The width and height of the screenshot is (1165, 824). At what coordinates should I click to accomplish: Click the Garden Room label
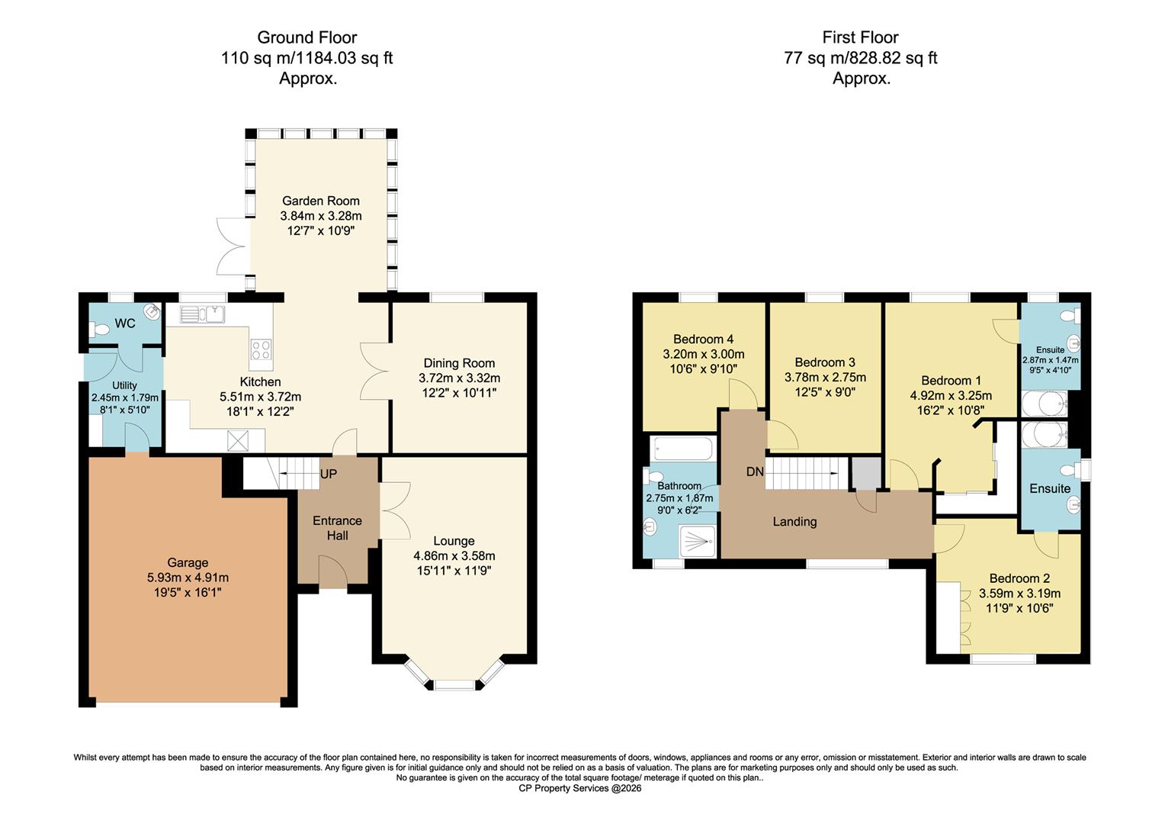(x=320, y=201)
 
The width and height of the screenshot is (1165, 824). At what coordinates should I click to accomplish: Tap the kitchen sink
(x=201, y=314)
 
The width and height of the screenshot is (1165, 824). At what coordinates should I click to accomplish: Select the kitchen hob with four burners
(x=261, y=349)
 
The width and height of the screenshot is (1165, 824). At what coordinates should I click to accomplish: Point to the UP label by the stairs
(x=328, y=474)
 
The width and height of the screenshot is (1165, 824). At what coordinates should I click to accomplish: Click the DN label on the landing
(x=755, y=472)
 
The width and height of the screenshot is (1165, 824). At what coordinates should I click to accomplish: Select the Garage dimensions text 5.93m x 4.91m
(x=188, y=578)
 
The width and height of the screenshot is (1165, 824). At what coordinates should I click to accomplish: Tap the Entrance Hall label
(x=337, y=528)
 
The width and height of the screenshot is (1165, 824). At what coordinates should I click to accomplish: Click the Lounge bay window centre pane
(x=454, y=684)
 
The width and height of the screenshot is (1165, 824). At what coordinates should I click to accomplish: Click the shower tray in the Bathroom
(x=694, y=541)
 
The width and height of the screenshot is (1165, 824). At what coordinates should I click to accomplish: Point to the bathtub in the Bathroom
(x=682, y=448)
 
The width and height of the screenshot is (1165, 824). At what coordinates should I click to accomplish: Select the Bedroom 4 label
(x=703, y=339)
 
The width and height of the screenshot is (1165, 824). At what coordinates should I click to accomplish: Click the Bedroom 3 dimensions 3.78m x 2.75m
(x=825, y=377)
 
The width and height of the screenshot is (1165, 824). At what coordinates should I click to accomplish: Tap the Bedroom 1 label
(x=951, y=380)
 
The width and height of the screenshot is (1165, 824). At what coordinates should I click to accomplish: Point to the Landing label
(x=794, y=521)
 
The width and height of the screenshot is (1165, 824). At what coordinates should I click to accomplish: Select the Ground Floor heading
(x=306, y=37)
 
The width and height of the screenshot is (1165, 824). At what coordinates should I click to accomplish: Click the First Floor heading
(x=860, y=37)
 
